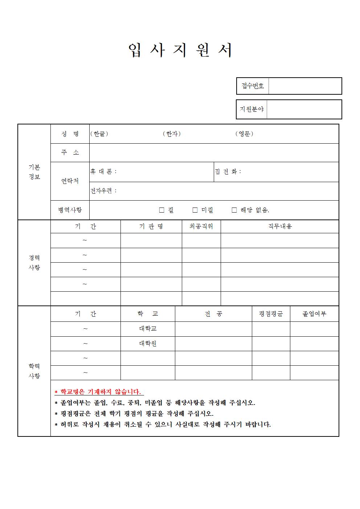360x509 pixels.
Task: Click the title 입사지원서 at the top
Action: coord(180,51)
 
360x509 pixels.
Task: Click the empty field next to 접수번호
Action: coord(305,86)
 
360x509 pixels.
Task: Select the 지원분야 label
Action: coord(251,109)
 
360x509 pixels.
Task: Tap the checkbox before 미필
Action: coord(195,210)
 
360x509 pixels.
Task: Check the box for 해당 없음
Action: coord(234,210)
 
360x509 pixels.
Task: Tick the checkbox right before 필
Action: coord(162,210)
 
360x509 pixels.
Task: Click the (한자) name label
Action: coord(172,134)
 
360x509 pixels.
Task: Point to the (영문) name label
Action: coord(244,134)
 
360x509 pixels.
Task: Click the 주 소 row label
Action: coord(70,153)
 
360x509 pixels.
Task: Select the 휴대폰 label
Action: coord(103,172)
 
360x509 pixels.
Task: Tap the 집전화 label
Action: coord(228,172)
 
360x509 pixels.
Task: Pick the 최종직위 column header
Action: coord(201,226)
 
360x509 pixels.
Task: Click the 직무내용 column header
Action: coord(280,226)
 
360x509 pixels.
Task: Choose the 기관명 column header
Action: coord(151,226)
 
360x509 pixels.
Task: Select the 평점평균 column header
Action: coord(271,314)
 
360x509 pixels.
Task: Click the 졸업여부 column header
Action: coord(314,314)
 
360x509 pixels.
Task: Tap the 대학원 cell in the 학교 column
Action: coord(148,343)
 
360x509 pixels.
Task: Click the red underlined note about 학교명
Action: coord(99,392)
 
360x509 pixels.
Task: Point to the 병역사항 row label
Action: coord(70,210)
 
